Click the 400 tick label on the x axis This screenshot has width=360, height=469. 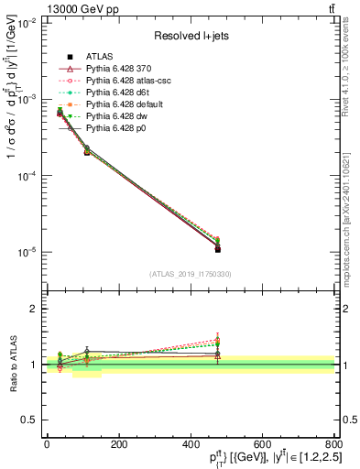coord(190,443)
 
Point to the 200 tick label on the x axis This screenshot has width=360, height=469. coord(118,443)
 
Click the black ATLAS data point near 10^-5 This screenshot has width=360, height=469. coord(218,249)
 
